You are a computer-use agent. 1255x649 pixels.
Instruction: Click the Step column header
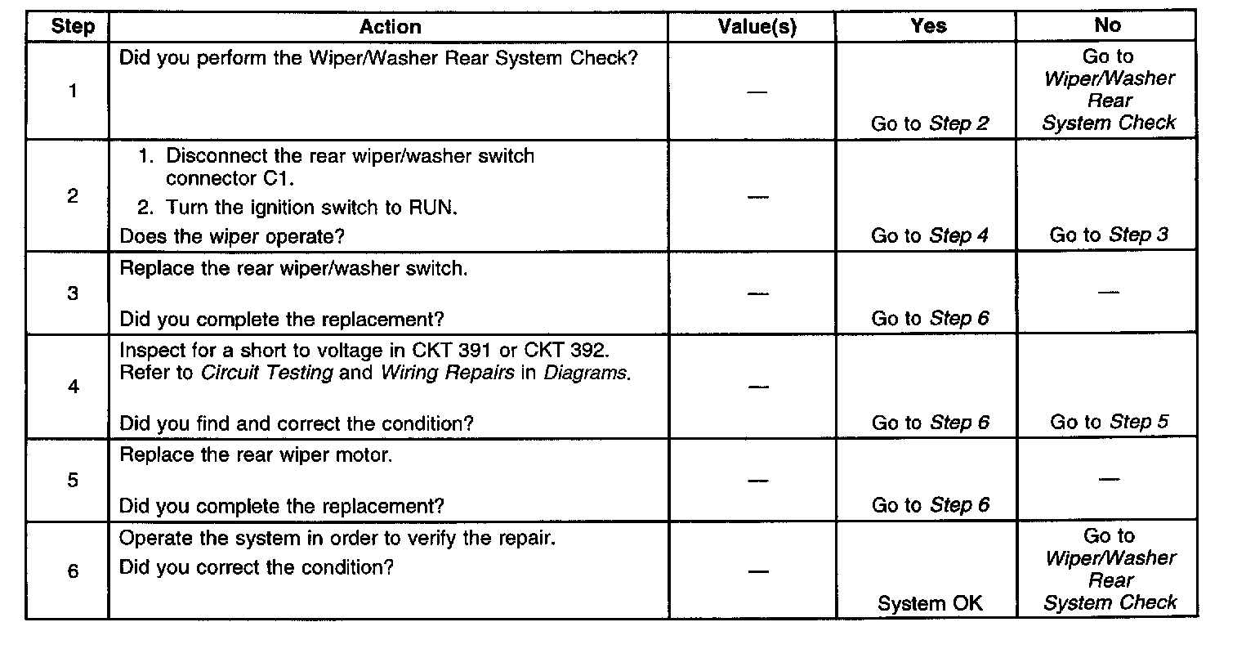tap(73, 26)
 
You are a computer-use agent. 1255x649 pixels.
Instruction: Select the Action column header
tap(390, 27)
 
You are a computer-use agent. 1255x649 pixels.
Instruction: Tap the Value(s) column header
tap(757, 27)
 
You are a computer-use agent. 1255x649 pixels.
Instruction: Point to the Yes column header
tap(928, 26)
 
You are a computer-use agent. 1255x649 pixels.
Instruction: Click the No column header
tap(1108, 25)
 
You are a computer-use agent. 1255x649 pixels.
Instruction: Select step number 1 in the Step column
tap(73, 91)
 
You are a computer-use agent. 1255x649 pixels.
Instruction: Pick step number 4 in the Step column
tap(74, 387)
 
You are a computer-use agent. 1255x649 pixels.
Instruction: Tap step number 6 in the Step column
tap(73, 571)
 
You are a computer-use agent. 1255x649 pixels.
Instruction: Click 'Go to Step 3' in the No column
tap(1109, 235)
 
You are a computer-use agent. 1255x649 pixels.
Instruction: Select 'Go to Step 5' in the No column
tap(1110, 422)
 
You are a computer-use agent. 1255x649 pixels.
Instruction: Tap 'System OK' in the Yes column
tap(930, 603)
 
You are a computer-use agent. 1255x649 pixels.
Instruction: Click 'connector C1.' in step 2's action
tap(230, 179)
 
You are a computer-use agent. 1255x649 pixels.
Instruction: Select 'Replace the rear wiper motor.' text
tap(256, 455)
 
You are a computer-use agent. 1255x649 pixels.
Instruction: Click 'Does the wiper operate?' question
tap(232, 237)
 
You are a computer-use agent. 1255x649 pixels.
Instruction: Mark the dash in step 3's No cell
tap(1108, 292)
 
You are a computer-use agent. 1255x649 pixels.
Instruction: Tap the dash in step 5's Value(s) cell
tap(758, 481)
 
